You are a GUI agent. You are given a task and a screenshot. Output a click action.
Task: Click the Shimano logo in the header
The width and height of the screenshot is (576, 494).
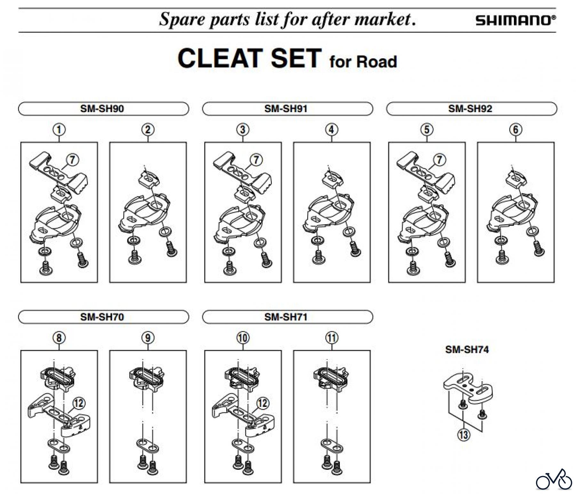[x=516, y=21]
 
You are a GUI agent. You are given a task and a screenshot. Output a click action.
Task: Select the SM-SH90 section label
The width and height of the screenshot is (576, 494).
[x=102, y=109]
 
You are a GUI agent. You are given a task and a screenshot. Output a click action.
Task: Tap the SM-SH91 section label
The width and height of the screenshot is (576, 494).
[x=286, y=109]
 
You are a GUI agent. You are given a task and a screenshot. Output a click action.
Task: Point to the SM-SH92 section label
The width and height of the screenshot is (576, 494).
[x=470, y=109]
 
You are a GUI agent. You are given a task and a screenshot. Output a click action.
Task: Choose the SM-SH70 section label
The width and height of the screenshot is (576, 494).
[x=102, y=317]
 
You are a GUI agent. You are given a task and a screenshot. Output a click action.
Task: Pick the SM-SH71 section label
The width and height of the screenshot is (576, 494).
[x=286, y=317]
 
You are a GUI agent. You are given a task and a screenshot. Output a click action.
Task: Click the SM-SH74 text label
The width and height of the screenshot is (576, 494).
[x=467, y=349]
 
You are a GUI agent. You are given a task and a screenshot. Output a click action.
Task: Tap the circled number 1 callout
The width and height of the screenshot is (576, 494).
[x=59, y=130]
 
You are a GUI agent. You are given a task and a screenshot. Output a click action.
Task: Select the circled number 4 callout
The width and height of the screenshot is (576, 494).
[x=332, y=130]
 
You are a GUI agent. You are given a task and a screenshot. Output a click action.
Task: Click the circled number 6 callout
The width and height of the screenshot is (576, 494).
[x=516, y=130]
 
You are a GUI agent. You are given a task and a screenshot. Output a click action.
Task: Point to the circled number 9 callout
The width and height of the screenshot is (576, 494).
[x=148, y=338]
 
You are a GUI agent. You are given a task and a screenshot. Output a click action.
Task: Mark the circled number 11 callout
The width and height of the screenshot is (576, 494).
[x=332, y=338]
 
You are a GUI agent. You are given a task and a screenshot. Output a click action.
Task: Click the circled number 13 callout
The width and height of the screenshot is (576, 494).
[x=464, y=435]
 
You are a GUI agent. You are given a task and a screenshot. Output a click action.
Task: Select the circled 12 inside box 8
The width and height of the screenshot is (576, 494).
[x=79, y=403]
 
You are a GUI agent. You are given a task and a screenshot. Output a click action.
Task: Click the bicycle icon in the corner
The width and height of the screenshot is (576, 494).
[x=554, y=480]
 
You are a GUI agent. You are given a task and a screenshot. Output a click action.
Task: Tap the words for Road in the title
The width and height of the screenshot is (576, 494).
[x=363, y=62]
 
